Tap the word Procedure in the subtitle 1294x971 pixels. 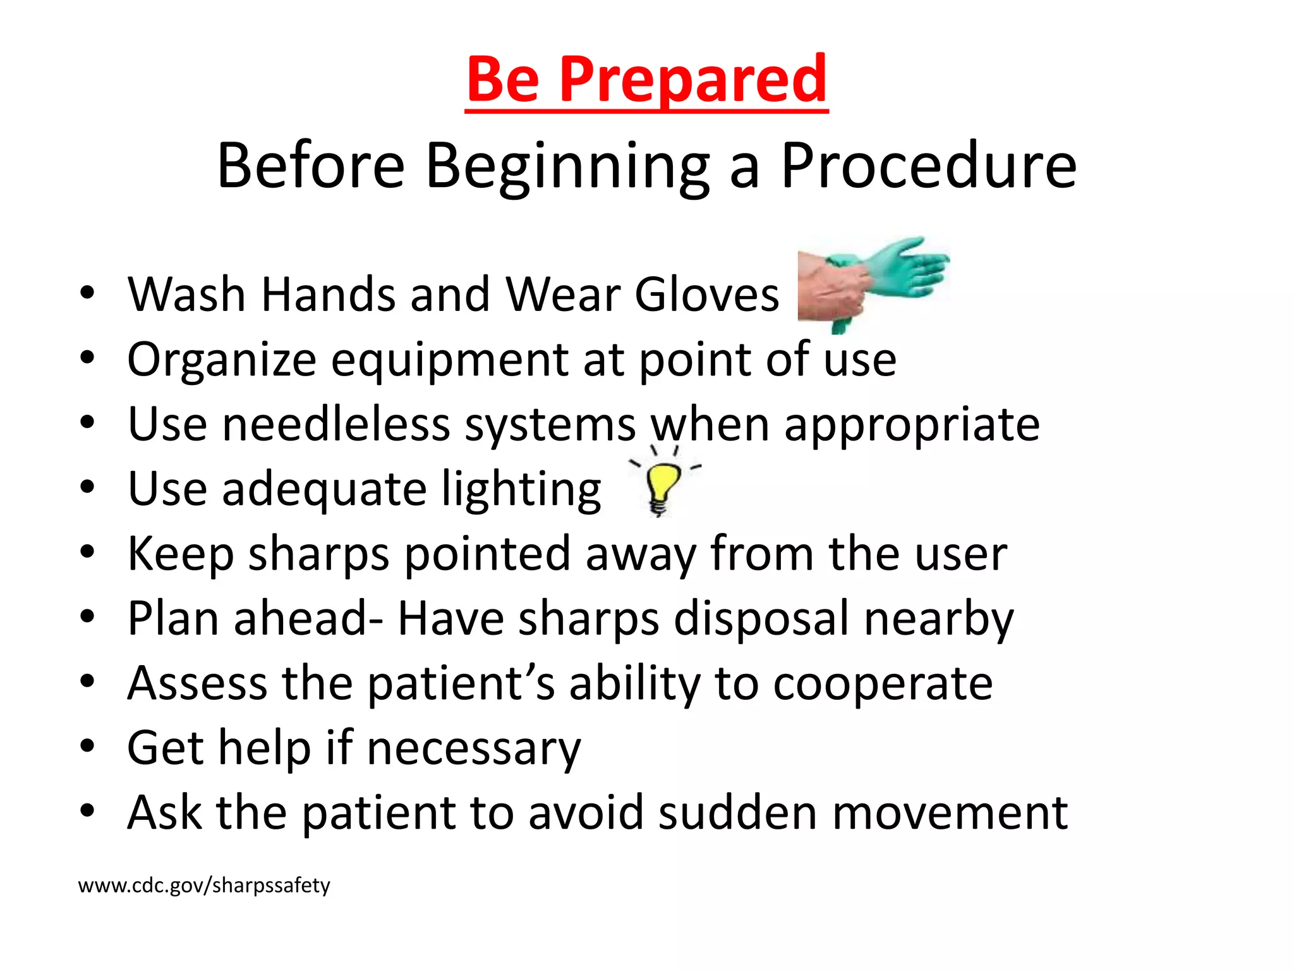tap(928, 166)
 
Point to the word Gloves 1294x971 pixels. tap(707, 295)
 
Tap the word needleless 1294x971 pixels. tap(336, 424)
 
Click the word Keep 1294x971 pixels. tap(181, 554)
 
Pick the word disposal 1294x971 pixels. tap(761, 619)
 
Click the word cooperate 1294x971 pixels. tap(883, 684)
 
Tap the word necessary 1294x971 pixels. tap(473, 749)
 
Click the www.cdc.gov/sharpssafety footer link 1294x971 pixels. tap(204, 885)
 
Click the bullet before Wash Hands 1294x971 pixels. tap(87, 293)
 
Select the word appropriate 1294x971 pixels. tap(912, 425)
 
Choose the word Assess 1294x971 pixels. tap(197, 683)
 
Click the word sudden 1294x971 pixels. tap(737, 813)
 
